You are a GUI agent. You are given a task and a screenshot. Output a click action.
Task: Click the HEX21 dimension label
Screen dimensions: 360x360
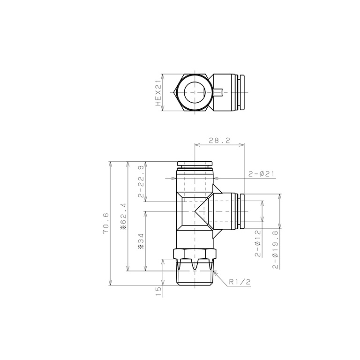click(158, 92)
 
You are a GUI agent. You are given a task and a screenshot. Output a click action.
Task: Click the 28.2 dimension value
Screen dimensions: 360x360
click(219, 140)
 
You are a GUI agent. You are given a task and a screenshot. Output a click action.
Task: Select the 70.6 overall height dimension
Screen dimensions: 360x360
click(106, 224)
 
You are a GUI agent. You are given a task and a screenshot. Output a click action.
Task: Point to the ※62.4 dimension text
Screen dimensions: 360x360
click(124, 216)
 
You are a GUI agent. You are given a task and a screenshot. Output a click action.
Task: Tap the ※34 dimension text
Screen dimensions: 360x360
click(141, 241)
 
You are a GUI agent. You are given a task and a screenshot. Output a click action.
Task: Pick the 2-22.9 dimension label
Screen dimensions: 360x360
click(141, 181)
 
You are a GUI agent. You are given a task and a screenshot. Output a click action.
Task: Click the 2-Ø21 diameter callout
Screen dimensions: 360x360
click(261, 174)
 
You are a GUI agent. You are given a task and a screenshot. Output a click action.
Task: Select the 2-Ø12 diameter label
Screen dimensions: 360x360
click(258, 243)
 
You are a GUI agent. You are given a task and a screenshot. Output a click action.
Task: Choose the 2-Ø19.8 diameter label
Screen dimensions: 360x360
click(276, 249)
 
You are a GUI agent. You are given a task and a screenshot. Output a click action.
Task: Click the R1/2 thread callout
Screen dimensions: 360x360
click(240, 282)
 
